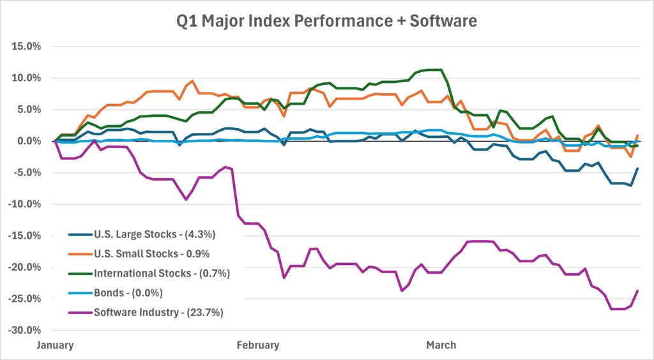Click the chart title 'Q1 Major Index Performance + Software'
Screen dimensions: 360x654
pos(327,22)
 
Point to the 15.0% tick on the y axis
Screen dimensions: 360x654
pos(26,47)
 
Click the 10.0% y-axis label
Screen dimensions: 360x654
pos(26,78)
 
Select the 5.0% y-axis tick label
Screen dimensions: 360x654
pos(29,109)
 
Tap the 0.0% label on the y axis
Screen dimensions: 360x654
pos(29,141)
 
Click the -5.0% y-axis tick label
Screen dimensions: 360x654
pos(27,172)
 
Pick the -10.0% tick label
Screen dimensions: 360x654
pos(25,204)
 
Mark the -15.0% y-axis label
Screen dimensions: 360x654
pos(25,236)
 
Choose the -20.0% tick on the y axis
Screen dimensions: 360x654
pos(25,267)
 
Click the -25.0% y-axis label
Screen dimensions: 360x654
pos(25,299)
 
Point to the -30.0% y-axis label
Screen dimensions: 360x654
pos(25,330)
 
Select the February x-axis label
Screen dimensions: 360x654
pos(258,345)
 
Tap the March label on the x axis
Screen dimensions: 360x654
pos(441,345)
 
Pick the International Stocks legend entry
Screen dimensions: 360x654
pos(162,273)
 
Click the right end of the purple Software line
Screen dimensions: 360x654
pos(637,291)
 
